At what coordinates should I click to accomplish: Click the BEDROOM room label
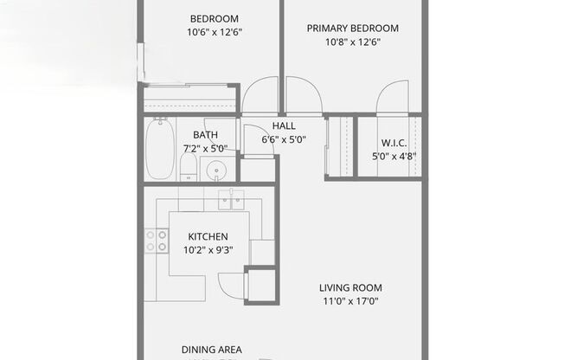pos(214,19)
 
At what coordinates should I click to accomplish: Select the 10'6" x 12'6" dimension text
pos(214,33)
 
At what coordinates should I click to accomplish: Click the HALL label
pos(284,125)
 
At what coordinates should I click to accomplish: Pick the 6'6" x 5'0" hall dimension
pos(284,139)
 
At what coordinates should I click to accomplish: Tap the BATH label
pos(205,135)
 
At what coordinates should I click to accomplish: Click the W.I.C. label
pos(394,144)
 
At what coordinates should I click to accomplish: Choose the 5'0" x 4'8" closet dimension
pos(394,157)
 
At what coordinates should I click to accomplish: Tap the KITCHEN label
pos(207,236)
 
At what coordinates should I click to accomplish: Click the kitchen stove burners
pos(157,241)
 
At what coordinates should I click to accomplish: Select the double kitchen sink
pos(231,196)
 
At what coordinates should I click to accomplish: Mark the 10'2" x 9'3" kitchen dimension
pos(208,250)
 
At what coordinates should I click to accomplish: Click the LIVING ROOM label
pos(350,288)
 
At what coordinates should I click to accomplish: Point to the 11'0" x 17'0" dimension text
pos(350,302)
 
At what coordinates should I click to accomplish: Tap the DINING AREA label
pos(212,350)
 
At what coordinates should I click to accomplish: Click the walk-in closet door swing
pos(391,97)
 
